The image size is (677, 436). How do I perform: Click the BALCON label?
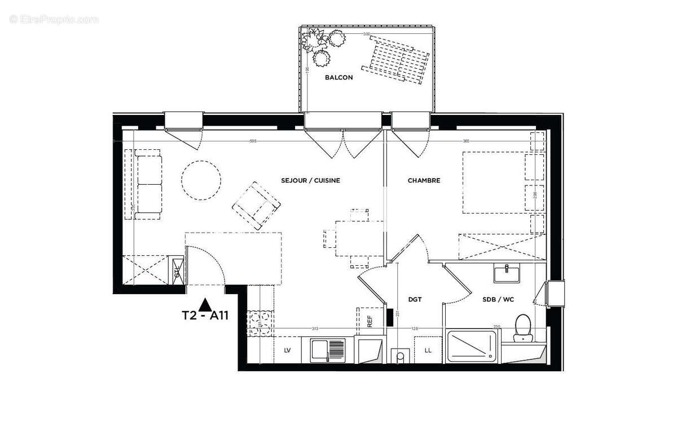(x=338, y=77)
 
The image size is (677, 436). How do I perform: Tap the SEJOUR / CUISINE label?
(x=310, y=180)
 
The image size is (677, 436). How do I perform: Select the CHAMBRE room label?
(x=424, y=180)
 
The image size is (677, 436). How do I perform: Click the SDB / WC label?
(x=498, y=300)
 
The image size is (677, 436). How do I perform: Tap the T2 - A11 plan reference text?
(x=204, y=316)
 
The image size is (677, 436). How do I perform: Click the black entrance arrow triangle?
(x=206, y=305)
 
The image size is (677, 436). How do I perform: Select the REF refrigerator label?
(x=370, y=321)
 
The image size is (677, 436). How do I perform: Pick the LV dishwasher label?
(x=287, y=350)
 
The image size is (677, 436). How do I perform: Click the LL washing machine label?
(x=428, y=350)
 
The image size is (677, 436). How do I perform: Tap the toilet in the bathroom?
(x=523, y=328)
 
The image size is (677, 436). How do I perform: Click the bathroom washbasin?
(x=507, y=274)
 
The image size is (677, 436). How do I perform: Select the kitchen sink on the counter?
(x=328, y=350)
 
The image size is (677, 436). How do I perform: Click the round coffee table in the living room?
(x=201, y=180)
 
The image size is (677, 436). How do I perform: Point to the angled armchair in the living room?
(x=256, y=205)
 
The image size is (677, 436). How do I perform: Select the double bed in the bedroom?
(x=496, y=182)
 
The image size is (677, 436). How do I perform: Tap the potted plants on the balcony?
(x=323, y=45)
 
